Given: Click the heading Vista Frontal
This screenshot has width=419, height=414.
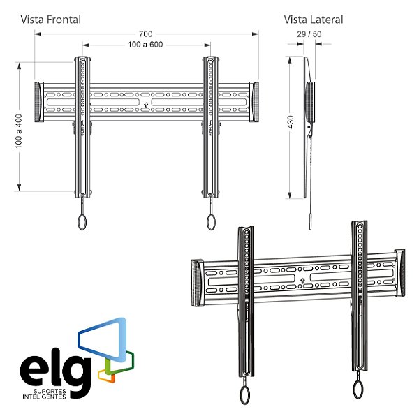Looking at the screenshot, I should pos(50,20).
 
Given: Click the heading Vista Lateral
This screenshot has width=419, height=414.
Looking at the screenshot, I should pos(314,20).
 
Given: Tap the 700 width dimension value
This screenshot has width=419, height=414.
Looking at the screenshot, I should pos(146,34).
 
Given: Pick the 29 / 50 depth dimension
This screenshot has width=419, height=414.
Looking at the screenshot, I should pos(309,34).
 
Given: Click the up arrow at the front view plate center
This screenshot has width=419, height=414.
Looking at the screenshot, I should pos(145,106).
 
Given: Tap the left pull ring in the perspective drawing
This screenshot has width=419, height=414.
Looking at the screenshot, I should pos(244,395).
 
